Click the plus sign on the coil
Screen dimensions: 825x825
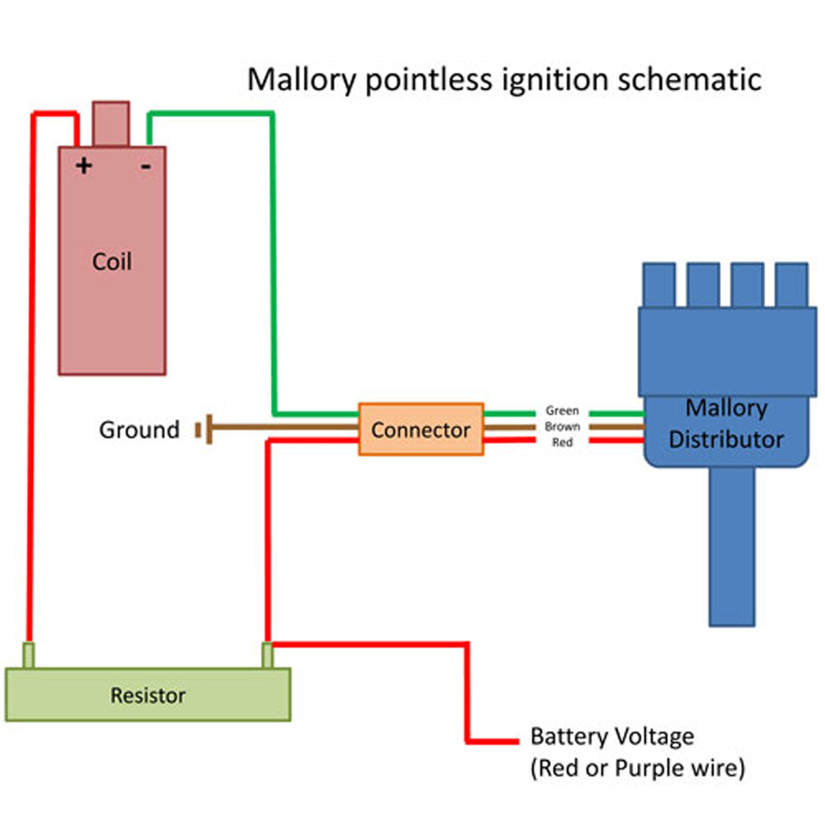pyautogui.click(x=83, y=166)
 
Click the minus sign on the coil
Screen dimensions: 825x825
pyautogui.click(x=145, y=166)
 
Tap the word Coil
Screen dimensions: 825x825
pyautogui.click(x=111, y=262)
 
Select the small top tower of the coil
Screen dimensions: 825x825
pyautogui.click(x=111, y=123)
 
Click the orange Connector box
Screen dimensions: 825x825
pyautogui.click(x=421, y=429)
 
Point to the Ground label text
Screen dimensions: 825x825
pyautogui.click(x=139, y=430)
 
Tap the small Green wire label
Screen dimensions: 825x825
pyautogui.click(x=563, y=410)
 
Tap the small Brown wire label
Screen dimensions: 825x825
pyautogui.click(x=563, y=427)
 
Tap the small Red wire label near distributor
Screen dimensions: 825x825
pyautogui.click(x=563, y=443)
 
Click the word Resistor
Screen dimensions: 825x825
pyautogui.click(x=148, y=695)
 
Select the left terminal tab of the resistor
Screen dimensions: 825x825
pyautogui.click(x=29, y=655)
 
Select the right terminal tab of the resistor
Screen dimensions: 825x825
pyautogui.click(x=267, y=655)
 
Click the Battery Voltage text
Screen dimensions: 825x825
pyautogui.click(x=611, y=736)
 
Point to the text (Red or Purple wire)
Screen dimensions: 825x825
pyautogui.click(x=637, y=768)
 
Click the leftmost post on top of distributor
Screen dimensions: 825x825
pyautogui.click(x=658, y=285)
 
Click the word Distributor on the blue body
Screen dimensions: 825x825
pyautogui.click(x=726, y=439)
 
